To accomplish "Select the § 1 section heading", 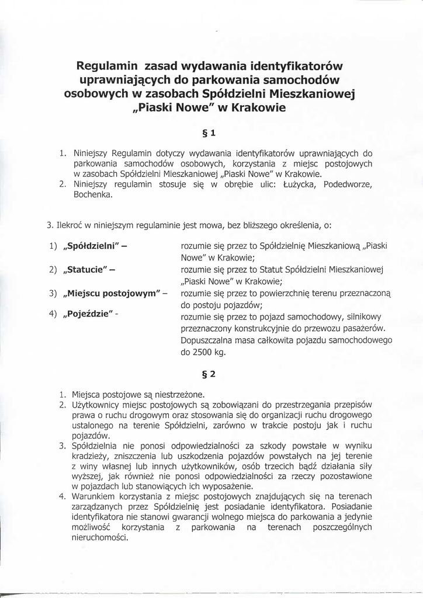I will tap(210, 133).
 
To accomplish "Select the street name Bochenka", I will tap(93, 194).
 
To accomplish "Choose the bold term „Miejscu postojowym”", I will tap(110, 293).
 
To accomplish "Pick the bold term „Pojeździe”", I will tap(88, 314).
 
